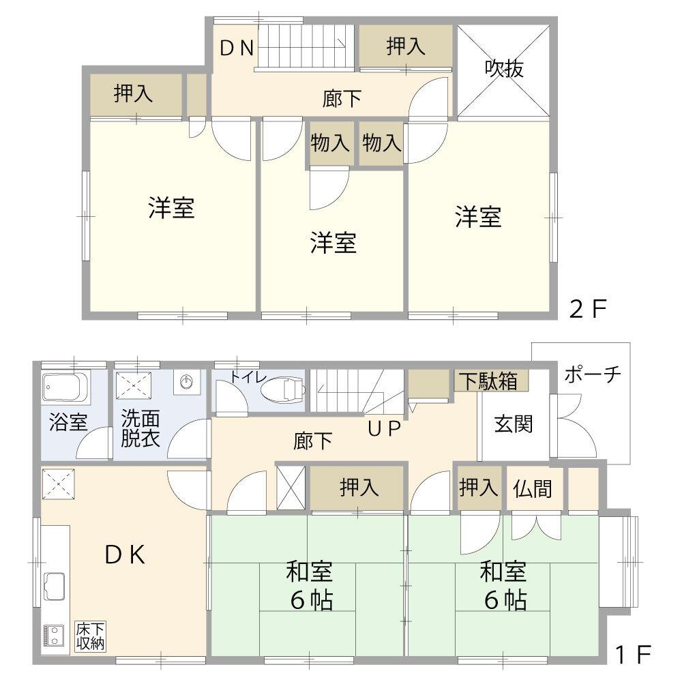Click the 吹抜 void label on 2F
point(504,69)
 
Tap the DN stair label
point(237,48)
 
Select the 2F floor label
point(588,308)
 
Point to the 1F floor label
point(633,654)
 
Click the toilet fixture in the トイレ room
point(282,389)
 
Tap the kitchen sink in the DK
point(54,587)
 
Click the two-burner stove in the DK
point(53,636)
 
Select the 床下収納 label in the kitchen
point(90,636)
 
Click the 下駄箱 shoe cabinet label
point(489,381)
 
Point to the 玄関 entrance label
point(514,424)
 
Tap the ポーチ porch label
point(593,374)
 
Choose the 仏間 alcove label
point(533,488)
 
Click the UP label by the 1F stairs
point(384,429)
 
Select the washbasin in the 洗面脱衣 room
point(187,383)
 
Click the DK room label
point(125,554)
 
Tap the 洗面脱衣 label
point(140,428)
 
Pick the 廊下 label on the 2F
point(342,98)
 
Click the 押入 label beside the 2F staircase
point(405,46)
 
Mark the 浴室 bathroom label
point(68,422)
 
